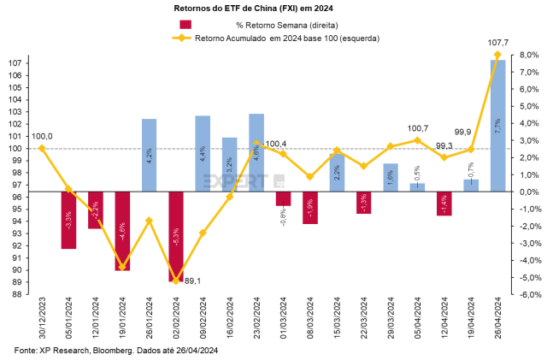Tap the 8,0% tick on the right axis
[x=530, y=55]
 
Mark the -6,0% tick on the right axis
[x=529, y=295]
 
